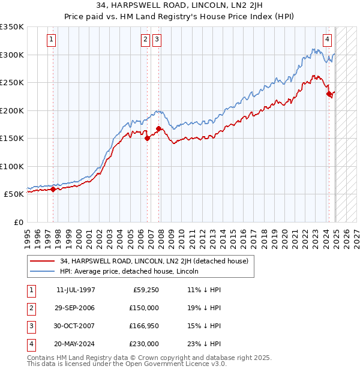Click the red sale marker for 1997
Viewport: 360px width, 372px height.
[x=53, y=190]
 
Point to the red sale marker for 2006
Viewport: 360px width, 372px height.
[x=147, y=139]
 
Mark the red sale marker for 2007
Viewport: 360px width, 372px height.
[x=158, y=129]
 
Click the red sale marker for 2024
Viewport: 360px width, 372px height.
[x=329, y=94]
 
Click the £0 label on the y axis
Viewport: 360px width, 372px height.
[x=18, y=223]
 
